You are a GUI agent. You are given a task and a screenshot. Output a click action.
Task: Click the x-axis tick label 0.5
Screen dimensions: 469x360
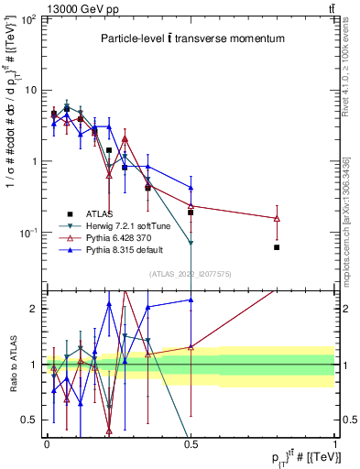pyautogui.click(x=191, y=442)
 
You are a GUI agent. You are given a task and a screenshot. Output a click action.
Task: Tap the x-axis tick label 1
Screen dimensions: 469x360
pyautogui.click(x=334, y=442)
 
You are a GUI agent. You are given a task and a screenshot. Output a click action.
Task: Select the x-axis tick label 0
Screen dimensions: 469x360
pyautogui.click(x=47, y=442)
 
